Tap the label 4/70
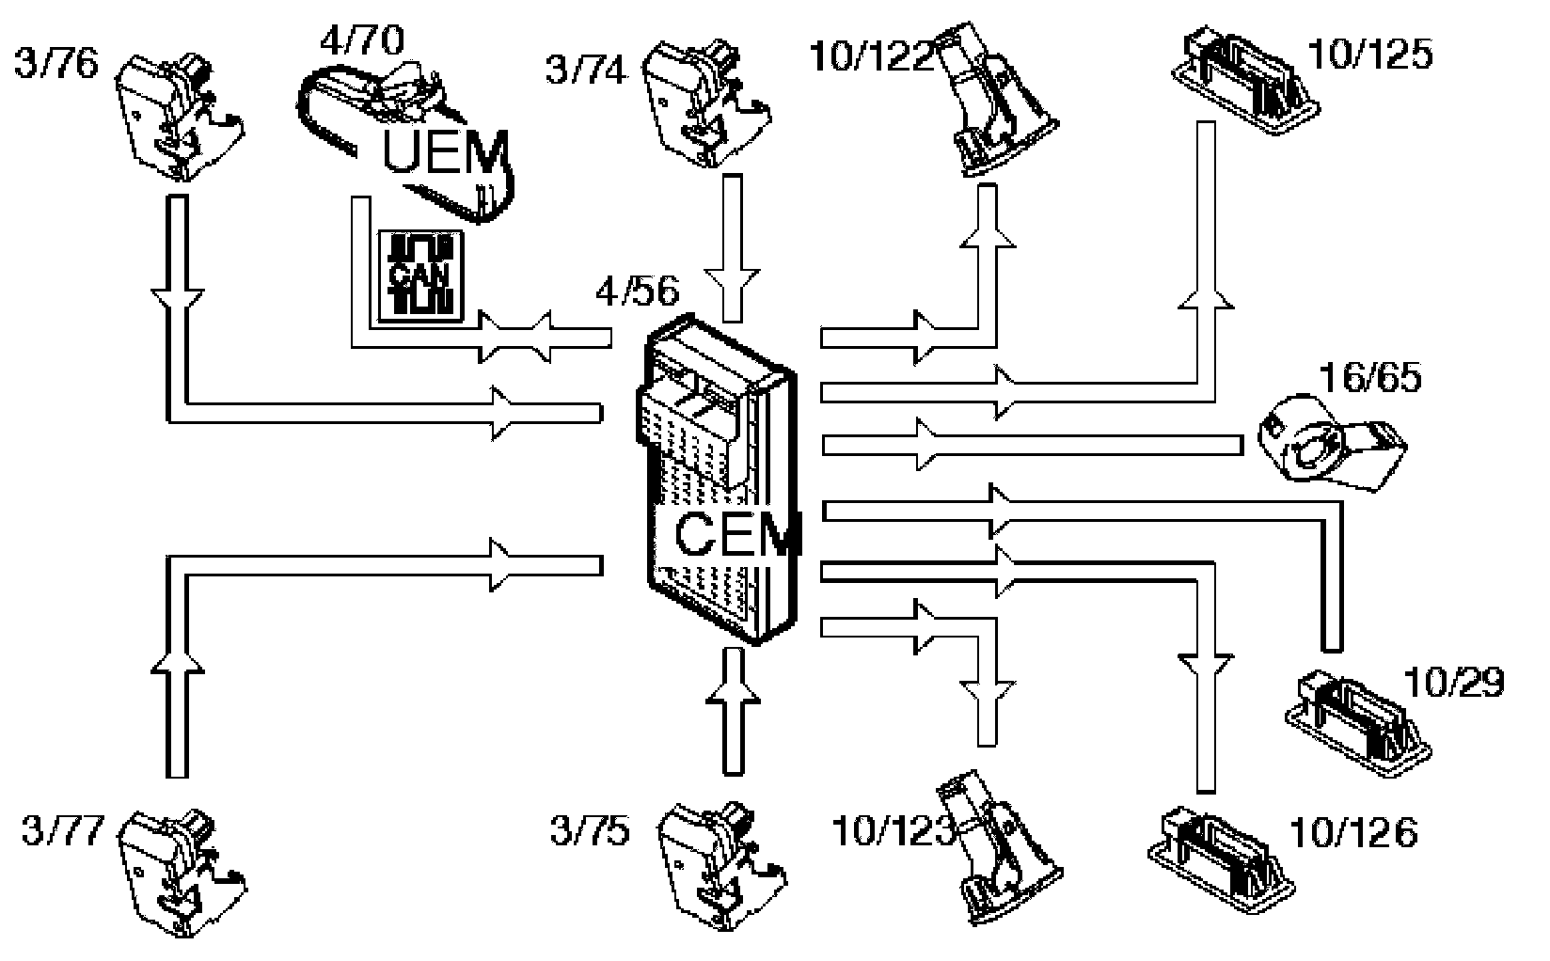(362, 41)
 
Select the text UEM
(446, 153)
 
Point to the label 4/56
(636, 291)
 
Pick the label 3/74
(586, 71)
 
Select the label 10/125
(1370, 55)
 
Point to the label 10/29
(1453, 683)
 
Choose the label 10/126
(1354, 832)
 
